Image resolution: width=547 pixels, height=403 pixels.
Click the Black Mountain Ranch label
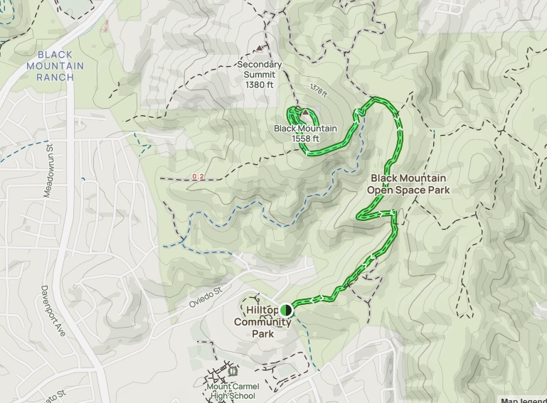(x=60, y=65)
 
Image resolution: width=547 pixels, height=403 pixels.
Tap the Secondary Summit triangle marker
(x=259, y=50)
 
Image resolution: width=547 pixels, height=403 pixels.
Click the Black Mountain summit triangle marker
(x=305, y=113)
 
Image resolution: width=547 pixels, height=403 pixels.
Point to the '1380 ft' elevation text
(x=259, y=85)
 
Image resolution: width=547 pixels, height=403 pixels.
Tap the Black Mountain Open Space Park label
(x=408, y=184)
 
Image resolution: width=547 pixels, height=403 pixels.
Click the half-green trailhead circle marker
(x=286, y=309)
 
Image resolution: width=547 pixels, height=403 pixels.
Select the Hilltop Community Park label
(x=262, y=322)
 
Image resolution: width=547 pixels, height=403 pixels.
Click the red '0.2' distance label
(x=198, y=176)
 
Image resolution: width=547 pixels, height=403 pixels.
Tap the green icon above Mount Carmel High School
(x=234, y=370)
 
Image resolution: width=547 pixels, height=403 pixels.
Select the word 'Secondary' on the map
(x=259, y=65)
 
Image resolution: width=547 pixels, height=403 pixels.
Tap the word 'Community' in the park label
(x=262, y=322)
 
